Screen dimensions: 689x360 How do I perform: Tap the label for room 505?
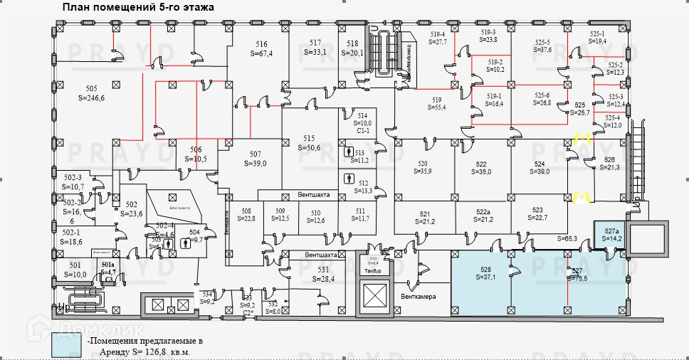91,88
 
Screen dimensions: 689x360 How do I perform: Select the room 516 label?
262,44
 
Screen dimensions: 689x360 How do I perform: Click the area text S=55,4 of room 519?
437,107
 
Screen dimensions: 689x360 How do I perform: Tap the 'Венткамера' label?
418,297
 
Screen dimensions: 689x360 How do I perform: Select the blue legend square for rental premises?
67,346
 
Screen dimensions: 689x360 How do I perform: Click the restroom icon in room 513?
349,152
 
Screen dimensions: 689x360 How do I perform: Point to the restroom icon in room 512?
349,178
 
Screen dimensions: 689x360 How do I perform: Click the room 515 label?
309,138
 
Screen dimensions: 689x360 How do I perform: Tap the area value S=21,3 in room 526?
610,167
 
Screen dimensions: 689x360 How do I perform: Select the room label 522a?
483,213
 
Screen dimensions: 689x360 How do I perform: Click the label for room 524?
540,163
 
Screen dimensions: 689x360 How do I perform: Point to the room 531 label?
323,269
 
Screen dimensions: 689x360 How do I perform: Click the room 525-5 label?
543,42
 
